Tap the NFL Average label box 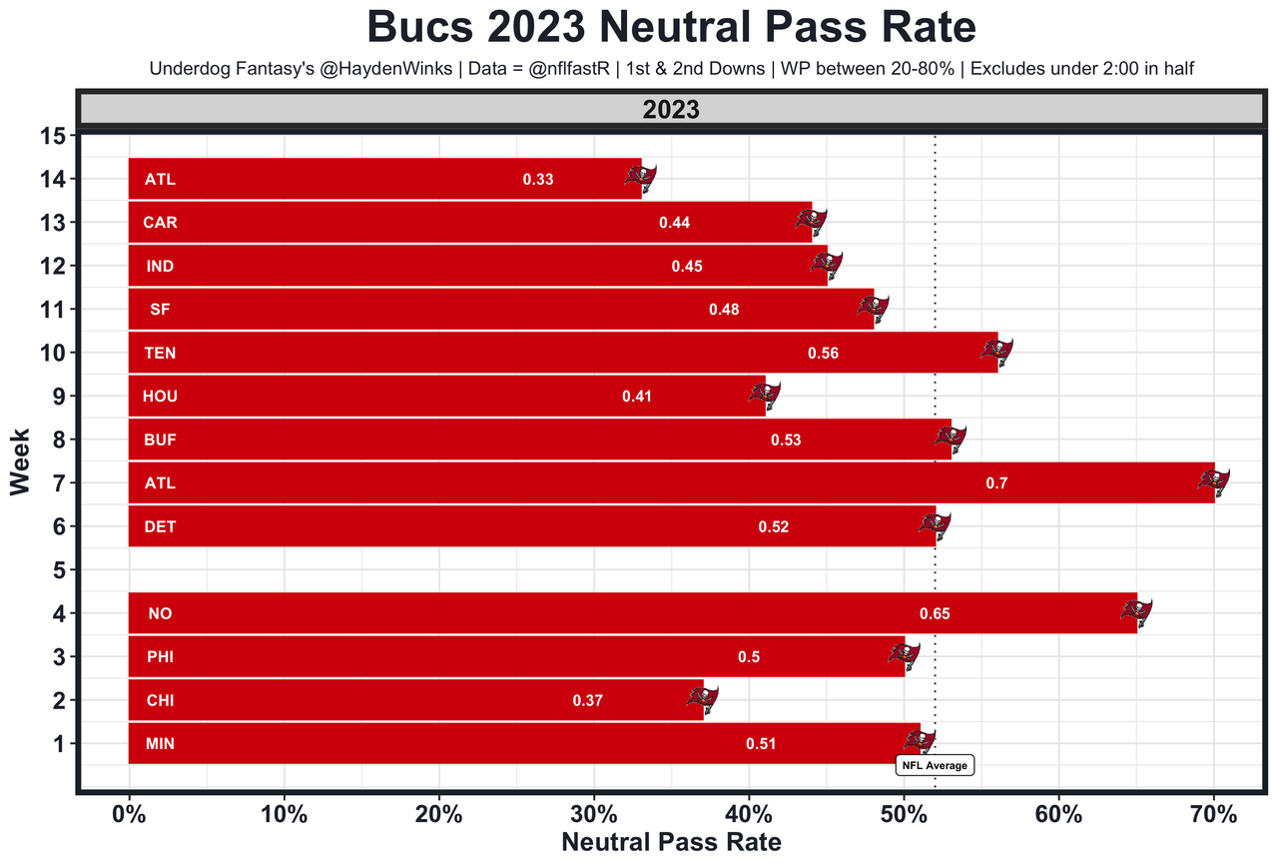coord(935,766)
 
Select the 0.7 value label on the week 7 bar coord(996,483)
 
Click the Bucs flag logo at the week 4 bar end coord(1136,611)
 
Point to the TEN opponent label coord(160,354)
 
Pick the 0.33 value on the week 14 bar coord(537,180)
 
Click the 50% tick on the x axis coord(904,814)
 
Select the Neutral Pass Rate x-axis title coord(671,842)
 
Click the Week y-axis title coord(20,461)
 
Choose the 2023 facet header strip coord(671,110)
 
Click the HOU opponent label coord(160,397)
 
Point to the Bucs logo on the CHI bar coord(702,698)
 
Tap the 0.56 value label coord(823,354)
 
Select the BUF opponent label coord(160,439)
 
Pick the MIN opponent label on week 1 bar coord(160,744)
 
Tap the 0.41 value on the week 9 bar coord(637,397)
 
